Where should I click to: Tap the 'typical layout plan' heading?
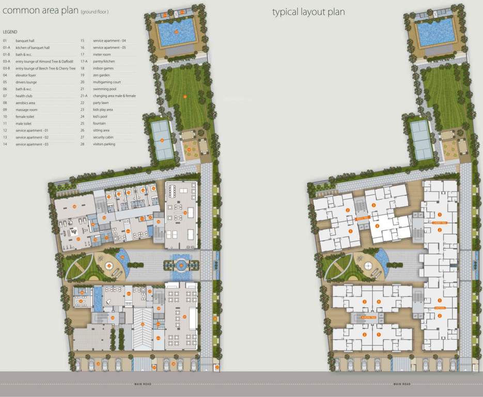[308, 11]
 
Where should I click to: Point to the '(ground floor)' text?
[94, 11]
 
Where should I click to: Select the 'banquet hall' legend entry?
[24, 40]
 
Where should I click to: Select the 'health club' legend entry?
[23, 96]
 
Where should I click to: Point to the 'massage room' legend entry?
[26, 110]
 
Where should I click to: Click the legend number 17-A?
[83, 61]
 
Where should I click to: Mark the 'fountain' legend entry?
[99, 124]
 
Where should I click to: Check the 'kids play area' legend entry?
[103, 110]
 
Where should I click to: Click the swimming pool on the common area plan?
[176, 33]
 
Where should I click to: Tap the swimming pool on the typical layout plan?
[435, 33]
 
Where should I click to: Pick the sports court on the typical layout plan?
[422, 140]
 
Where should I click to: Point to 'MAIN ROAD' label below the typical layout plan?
[401, 384]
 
